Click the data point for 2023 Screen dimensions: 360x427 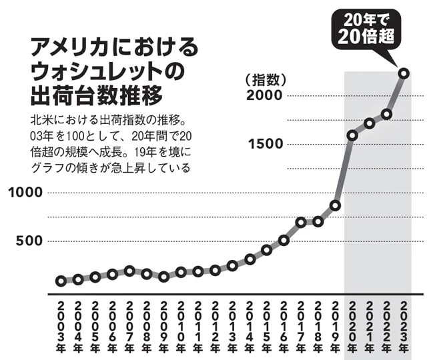(x=404, y=73)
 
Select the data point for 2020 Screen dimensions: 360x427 (x=352, y=135)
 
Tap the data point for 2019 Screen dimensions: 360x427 (x=336, y=205)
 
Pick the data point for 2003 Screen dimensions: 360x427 (x=61, y=281)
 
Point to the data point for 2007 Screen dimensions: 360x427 (x=130, y=271)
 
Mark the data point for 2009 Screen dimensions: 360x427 (x=164, y=276)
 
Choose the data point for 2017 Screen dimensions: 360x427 (x=301, y=222)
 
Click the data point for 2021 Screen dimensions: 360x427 (x=370, y=123)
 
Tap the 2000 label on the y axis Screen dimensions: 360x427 (x=266, y=96)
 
